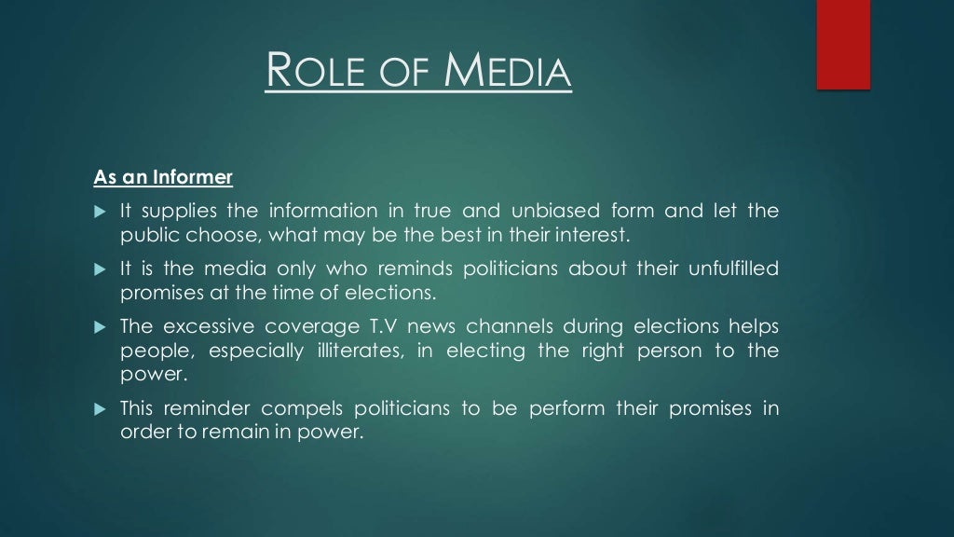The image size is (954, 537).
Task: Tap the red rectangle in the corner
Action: pos(843,45)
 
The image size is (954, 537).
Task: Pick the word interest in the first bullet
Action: pos(602,234)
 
